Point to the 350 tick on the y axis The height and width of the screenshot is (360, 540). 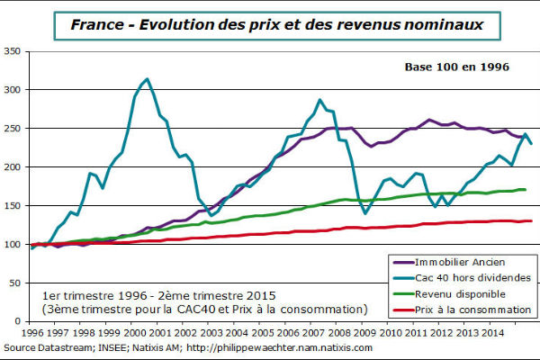tap(18, 52)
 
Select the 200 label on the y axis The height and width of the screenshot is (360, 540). tap(18, 167)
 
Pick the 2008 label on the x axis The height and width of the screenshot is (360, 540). tap(353, 331)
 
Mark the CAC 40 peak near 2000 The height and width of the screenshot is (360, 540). tap(147, 79)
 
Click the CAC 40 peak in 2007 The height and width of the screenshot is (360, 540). tap(319, 100)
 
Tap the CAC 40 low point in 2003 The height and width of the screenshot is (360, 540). tap(212, 215)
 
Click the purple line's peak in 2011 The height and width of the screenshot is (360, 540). tap(431, 120)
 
